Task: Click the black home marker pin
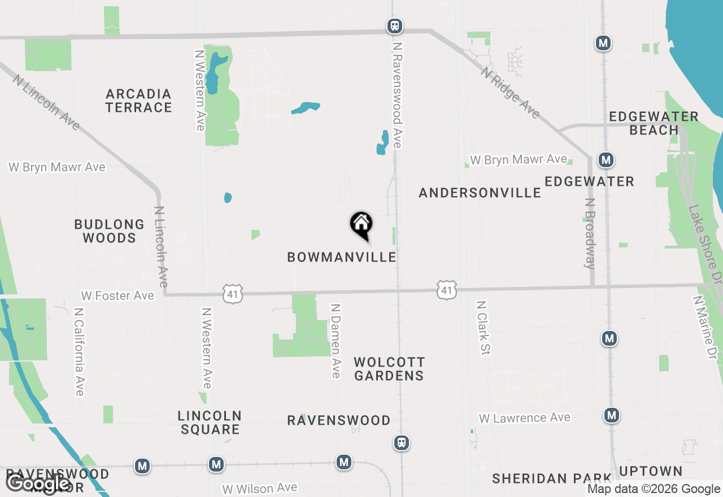pos(361,224)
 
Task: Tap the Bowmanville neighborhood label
pos(342,258)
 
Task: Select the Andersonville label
pos(480,193)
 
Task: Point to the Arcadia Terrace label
pos(138,101)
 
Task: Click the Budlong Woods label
pos(110,231)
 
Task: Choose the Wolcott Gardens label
pos(389,369)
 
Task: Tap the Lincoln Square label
pos(210,422)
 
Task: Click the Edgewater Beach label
pos(654,123)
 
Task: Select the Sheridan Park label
pos(552,478)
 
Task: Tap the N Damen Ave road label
pos(336,341)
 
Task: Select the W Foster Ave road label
pos(117,296)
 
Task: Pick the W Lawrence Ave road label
pos(525,418)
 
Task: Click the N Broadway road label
pos(590,233)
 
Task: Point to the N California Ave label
pos(79,351)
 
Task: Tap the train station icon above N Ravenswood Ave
pos(395,25)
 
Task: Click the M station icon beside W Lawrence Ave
pos(611,416)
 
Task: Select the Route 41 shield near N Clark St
pos(447,290)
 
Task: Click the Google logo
pos(38,484)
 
